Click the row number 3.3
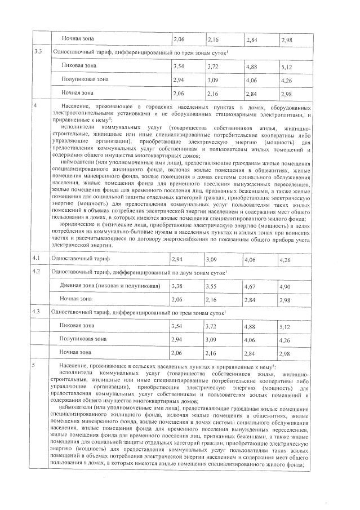(38, 52)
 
